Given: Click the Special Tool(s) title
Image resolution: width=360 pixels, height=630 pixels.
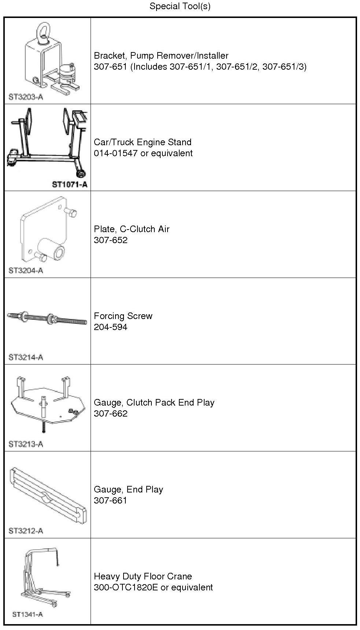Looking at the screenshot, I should tap(180, 6).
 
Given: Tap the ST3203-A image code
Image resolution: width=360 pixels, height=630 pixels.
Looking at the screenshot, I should tap(26, 97).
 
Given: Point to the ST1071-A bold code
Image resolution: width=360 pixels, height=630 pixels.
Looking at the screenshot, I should tap(70, 184).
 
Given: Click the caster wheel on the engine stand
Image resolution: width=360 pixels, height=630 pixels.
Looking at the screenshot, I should tap(81, 173).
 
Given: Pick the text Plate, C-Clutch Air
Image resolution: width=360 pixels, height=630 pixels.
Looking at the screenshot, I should tap(132, 229).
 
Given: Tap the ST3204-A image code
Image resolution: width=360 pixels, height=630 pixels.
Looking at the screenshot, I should tap(26, 271).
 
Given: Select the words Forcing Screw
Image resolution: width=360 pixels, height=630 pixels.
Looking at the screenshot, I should tap(123, 316).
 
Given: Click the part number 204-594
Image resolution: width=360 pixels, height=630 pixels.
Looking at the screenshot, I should tap(110, 327).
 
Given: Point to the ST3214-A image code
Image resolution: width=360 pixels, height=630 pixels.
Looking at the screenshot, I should tap(26, 358).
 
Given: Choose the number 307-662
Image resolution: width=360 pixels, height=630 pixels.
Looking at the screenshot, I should tap(110, 414).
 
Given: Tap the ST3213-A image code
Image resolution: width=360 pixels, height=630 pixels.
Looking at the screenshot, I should tap(26, 444).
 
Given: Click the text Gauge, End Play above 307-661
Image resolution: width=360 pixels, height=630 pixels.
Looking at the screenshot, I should tap(128, 490).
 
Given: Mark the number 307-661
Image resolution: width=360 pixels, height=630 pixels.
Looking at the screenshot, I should tap(110, 501).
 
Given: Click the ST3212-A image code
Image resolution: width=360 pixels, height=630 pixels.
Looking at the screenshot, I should tap(26, 531).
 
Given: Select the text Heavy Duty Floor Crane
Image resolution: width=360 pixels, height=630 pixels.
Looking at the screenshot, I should tap(143, 576).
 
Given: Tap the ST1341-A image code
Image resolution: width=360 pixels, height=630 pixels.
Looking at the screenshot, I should tap(27, 614).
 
